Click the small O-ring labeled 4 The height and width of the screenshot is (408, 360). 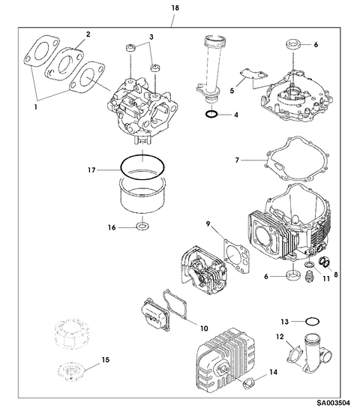(x=212, y=115)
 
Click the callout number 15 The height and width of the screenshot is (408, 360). (x=106, y=361)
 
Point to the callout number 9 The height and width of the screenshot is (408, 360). (x=210, y=222)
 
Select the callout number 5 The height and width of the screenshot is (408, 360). (x=232, y=90)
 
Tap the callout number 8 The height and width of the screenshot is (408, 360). (x=336, y=275)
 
